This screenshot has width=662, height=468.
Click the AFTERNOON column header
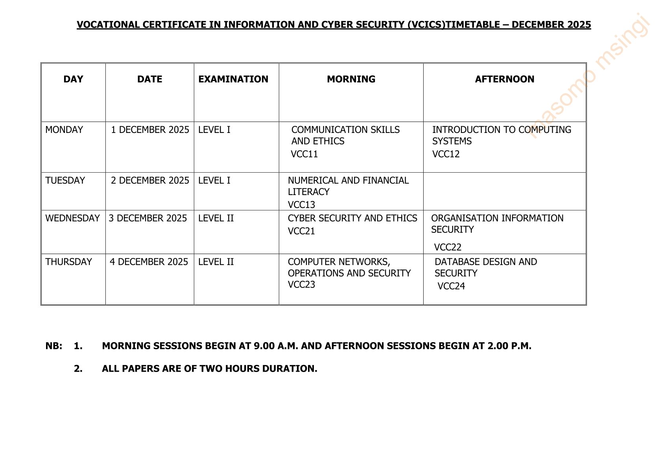click(x=504, y=79)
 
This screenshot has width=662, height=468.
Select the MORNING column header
click(x=351, y=79)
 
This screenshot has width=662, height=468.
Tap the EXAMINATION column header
click(x=233, y=79)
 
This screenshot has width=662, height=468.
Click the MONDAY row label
click(x=64, y=130)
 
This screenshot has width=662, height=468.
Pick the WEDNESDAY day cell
click(x=73, y=218)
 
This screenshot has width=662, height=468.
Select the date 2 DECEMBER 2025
click(x=150, y=181)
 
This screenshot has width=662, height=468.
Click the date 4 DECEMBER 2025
click(x=149, y=262)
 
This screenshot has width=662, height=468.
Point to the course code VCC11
click(x=304, y=154)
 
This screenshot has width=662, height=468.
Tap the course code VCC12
click(x=446, y=154)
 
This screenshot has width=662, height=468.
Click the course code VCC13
click(x=301, y=205)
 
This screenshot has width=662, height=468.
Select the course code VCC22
click(x=448, y=247)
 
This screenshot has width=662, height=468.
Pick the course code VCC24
click(x=451, y=286)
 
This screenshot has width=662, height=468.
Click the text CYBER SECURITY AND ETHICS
click(x=352, y=218)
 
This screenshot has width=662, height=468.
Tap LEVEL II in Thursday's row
click(x=216, y=262)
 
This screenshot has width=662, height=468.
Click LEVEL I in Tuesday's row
click(x=214, y=181)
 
